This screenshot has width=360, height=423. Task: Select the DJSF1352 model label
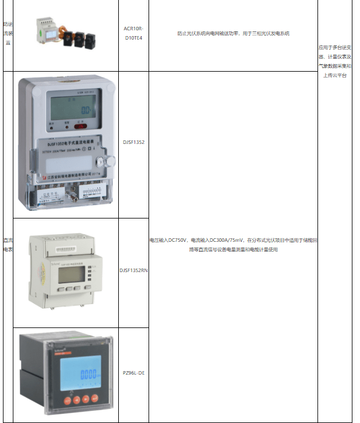tap(133, 142)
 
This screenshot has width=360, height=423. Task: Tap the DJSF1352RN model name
tap(133, 270)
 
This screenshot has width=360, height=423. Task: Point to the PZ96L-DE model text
tap(133, 372)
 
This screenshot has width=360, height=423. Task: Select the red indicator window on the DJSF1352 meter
tap(80, 125)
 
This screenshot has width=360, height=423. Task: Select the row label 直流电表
tap(7, 245)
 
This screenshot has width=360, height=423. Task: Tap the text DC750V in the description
tap(178, 240)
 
